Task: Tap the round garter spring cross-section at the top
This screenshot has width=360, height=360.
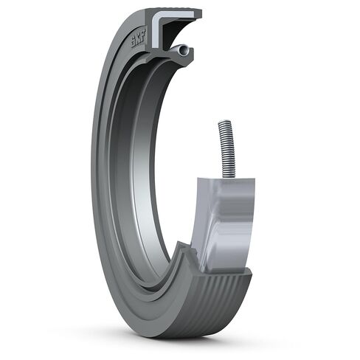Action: pos(181,50)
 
